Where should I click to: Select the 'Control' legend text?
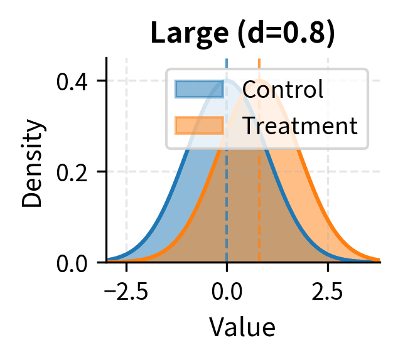[x=282, y=90]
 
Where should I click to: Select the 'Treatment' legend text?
[x=299, y=125]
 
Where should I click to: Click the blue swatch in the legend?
[x=198, y=90]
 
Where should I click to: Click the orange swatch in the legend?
[x=198, y=125]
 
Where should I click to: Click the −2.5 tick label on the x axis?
[x=126, y=292]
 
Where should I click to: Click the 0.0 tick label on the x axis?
[x=227, y=292]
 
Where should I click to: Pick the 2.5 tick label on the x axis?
[x=328, y=292]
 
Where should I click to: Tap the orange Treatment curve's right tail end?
[x=379, y=258]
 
